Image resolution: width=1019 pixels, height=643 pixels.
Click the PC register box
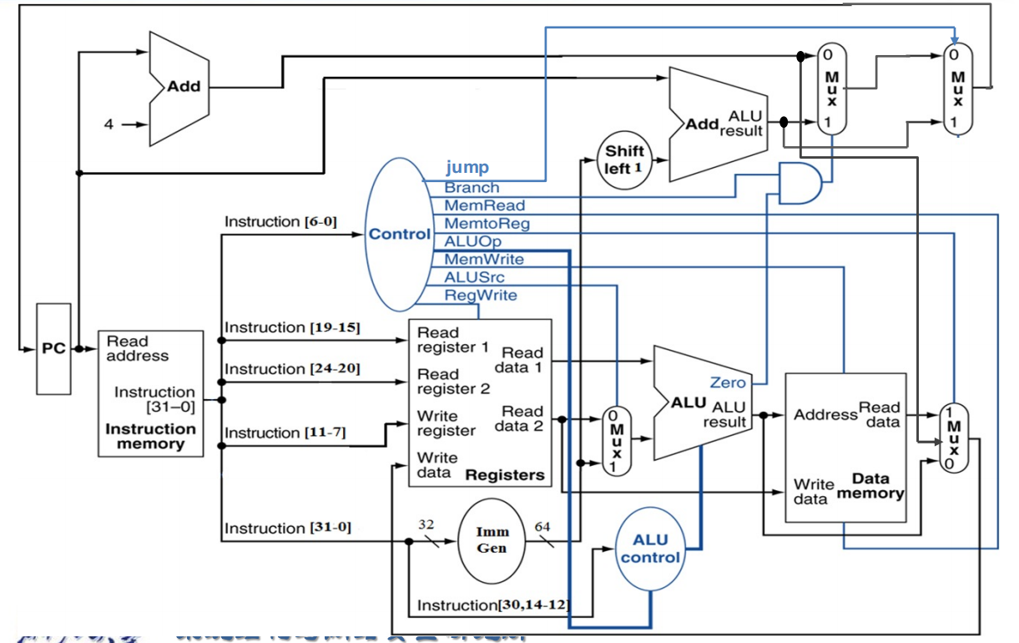(x=53, y=348)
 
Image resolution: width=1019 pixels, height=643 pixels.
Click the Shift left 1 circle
(x=624, y=159)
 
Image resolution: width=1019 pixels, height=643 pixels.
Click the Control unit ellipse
(x=399, y=234)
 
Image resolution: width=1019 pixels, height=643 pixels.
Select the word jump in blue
(x=467, y=168)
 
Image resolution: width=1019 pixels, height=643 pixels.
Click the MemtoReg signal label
(x=487, y=224)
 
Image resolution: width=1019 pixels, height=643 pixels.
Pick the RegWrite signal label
(x=480, y=296)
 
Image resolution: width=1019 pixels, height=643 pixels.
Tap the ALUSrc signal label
(x=474, y=277)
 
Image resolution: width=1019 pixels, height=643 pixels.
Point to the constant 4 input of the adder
(x=108, y=124)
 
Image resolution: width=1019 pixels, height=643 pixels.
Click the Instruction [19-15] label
(x=291, y=327)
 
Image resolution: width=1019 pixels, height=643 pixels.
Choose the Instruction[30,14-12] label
(x=493, y=605)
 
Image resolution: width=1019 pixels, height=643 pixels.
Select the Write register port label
(x=446, y=423)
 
